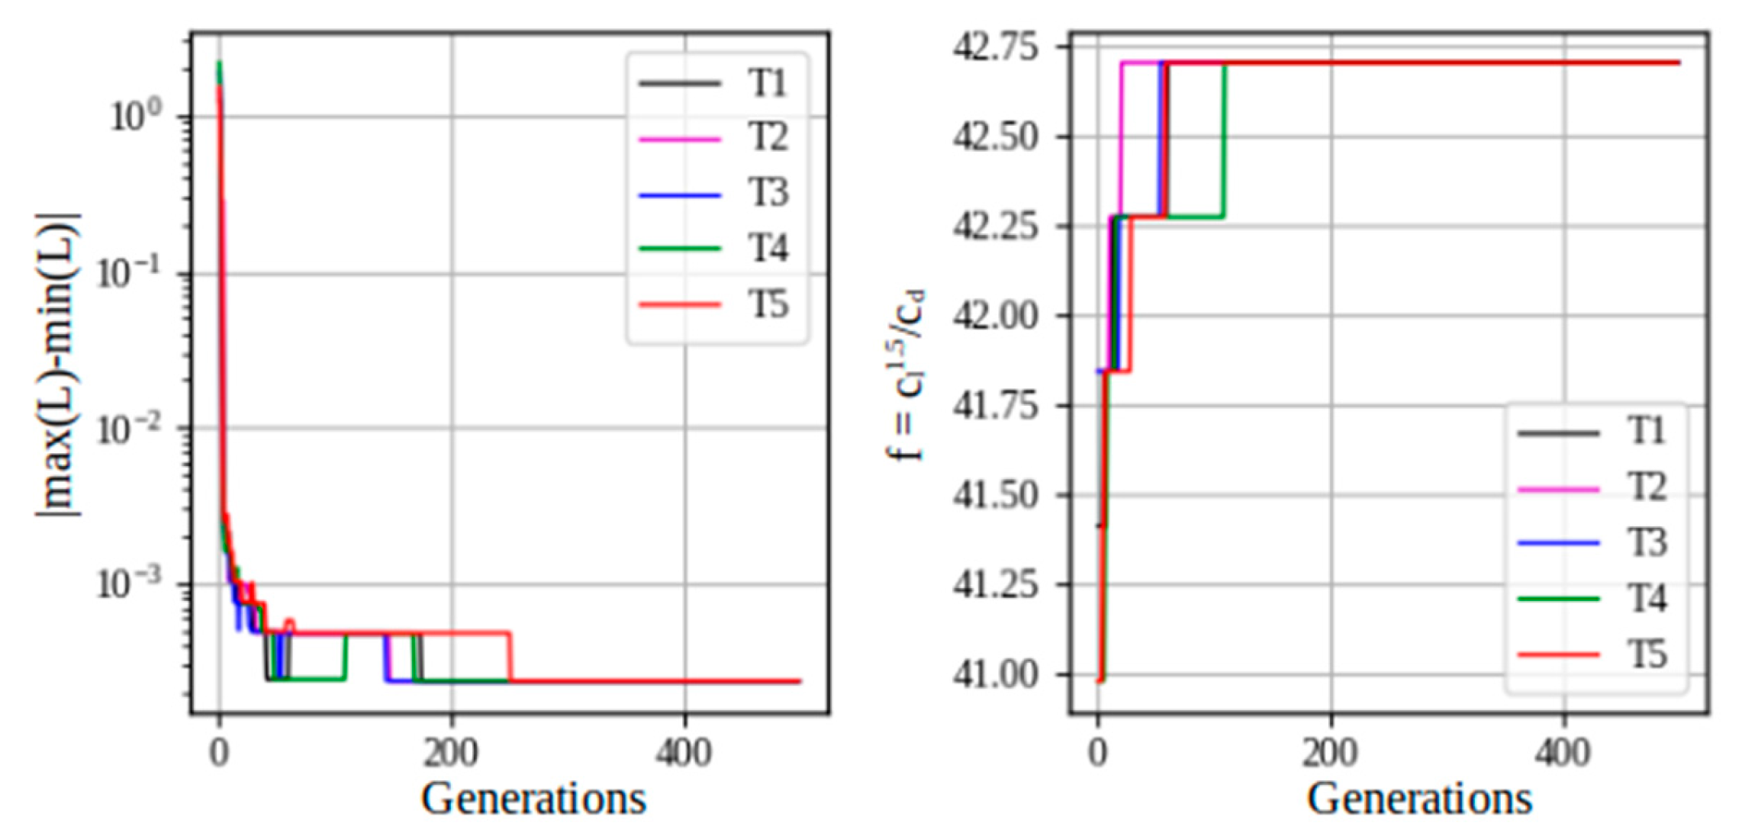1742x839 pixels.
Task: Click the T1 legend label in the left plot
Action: tap(766, 82)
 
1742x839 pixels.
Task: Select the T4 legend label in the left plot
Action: tap(766, 249)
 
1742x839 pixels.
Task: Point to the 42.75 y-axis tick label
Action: tap(996, 47)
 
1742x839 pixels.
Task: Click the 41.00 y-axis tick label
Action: tap(996, 675)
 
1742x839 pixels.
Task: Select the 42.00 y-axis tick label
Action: tap(996, 316)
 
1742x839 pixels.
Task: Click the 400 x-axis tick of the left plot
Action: tap(684, 754)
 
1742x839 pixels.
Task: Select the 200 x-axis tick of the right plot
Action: tap(1330, 754)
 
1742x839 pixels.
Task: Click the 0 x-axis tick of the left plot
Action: tap(219, 754)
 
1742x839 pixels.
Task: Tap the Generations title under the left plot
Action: tap(533, 799)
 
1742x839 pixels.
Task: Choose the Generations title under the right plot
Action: tap(1418, 799)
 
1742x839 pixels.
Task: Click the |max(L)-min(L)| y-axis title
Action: tap(59, 366)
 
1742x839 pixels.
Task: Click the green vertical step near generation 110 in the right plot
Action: tap(1225, 141)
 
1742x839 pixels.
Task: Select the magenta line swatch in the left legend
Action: tap(679, 140)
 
